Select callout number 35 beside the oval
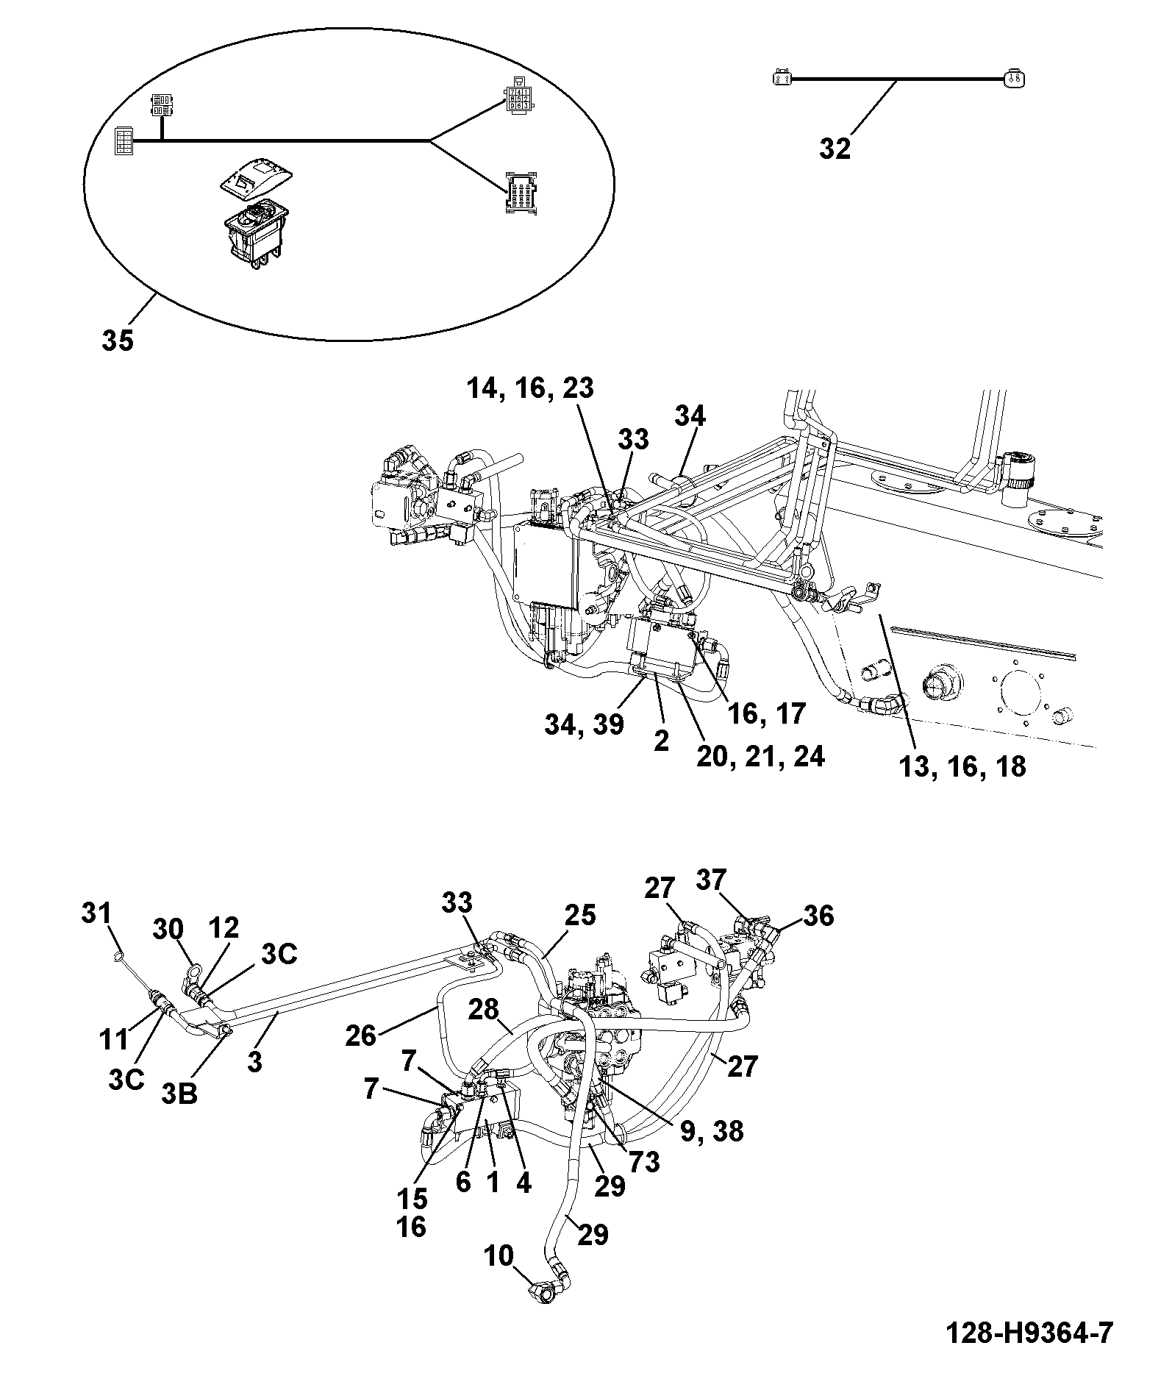click(118, 341)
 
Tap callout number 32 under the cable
click(835, 149)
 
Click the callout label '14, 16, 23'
click(530, 388)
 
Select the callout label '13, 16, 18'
click(962, 766)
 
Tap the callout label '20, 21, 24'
click(761, 756)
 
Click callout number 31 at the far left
click(96, 913)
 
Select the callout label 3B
click(180, 1094)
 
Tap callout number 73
click(644, 1162)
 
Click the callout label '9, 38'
click(712, 1130)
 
